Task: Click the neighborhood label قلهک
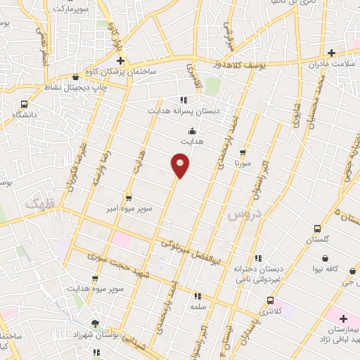click(39, 204)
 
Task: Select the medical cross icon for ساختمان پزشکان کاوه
click(121, 61)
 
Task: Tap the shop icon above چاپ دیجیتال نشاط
click(75, 77)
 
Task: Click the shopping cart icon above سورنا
click(243, 152)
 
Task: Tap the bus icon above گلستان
click(317, 229)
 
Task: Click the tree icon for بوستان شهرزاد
click(95, 323)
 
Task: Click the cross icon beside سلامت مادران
click(331, 52)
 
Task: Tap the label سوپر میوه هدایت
click(96, 288)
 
